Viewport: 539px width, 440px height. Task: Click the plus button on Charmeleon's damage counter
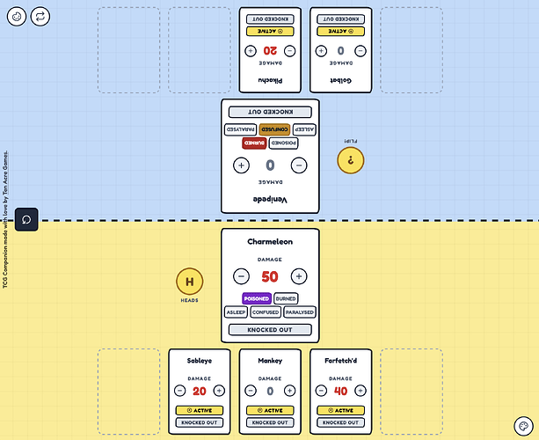pos(299,276)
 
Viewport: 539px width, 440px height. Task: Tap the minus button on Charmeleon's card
pos(241,276)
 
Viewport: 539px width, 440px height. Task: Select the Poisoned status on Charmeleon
pos(256,298)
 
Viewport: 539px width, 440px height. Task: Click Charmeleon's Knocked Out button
pos(270,330)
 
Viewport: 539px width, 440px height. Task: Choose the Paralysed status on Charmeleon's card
pos(300,312)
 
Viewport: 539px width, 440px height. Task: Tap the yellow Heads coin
pos(189,282)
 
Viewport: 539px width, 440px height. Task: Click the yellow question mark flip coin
pos(351,159)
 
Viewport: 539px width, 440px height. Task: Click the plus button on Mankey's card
pos(290,391)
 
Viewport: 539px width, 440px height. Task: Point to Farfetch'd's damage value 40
pos(341,391)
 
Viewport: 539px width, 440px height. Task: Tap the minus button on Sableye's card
pos(179,391)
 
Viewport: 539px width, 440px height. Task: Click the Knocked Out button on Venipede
pos(270,112)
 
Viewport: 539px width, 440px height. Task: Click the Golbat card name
pos(341,80)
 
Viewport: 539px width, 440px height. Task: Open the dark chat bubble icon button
pos(26,219)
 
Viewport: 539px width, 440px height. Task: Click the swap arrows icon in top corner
pos(40,16)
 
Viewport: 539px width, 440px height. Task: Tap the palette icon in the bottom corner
pos(522,424)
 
